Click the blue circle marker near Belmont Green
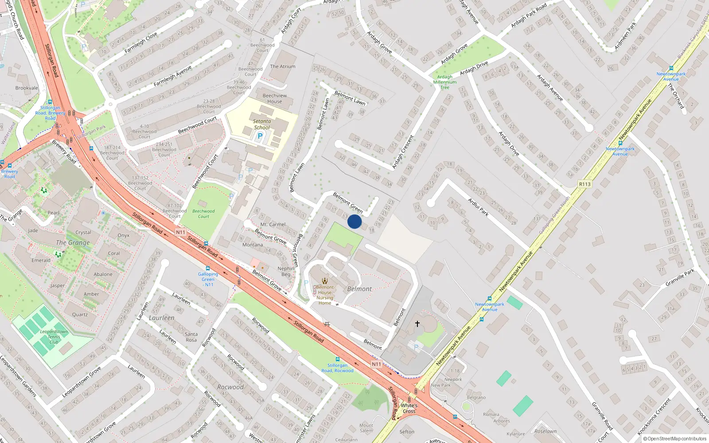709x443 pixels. tap(354, 221)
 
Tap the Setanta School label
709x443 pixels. tap(262, 124)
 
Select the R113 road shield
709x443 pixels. tap(584, 184)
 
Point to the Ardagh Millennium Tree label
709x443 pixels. tap(444, 82)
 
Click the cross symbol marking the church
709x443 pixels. tap(417, 324)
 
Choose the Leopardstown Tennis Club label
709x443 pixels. tap(54, 337)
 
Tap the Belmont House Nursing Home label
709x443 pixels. tap(325, 295)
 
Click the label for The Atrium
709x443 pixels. tap(282, 66)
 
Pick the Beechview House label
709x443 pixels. tap(274, 98)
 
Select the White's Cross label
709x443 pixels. tap(409, 408)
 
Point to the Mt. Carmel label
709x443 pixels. tap(273, 225)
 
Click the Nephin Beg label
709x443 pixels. tap(286, 271)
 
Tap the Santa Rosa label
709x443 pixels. tap(191, 337)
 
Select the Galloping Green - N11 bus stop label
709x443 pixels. tap(208, 279)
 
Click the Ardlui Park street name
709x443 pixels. tap(478, 207)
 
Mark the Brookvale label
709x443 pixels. tap(27, 88)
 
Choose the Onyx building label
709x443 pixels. tap(124, 235)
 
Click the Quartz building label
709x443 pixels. tap(80, 315)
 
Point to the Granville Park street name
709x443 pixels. tap(680, 278)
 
